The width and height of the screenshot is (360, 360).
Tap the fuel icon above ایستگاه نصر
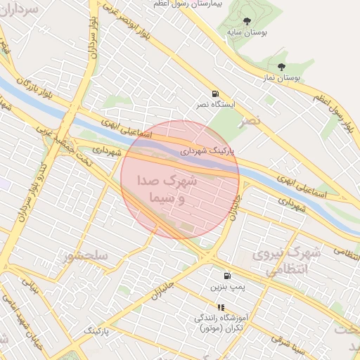point(214,94)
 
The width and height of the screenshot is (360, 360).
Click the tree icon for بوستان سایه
point(246,22)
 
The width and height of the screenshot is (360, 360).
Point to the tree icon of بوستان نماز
point(281,67)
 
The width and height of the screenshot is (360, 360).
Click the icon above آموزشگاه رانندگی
point(221,307)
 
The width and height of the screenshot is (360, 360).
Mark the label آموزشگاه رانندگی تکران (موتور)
point(220,323)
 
